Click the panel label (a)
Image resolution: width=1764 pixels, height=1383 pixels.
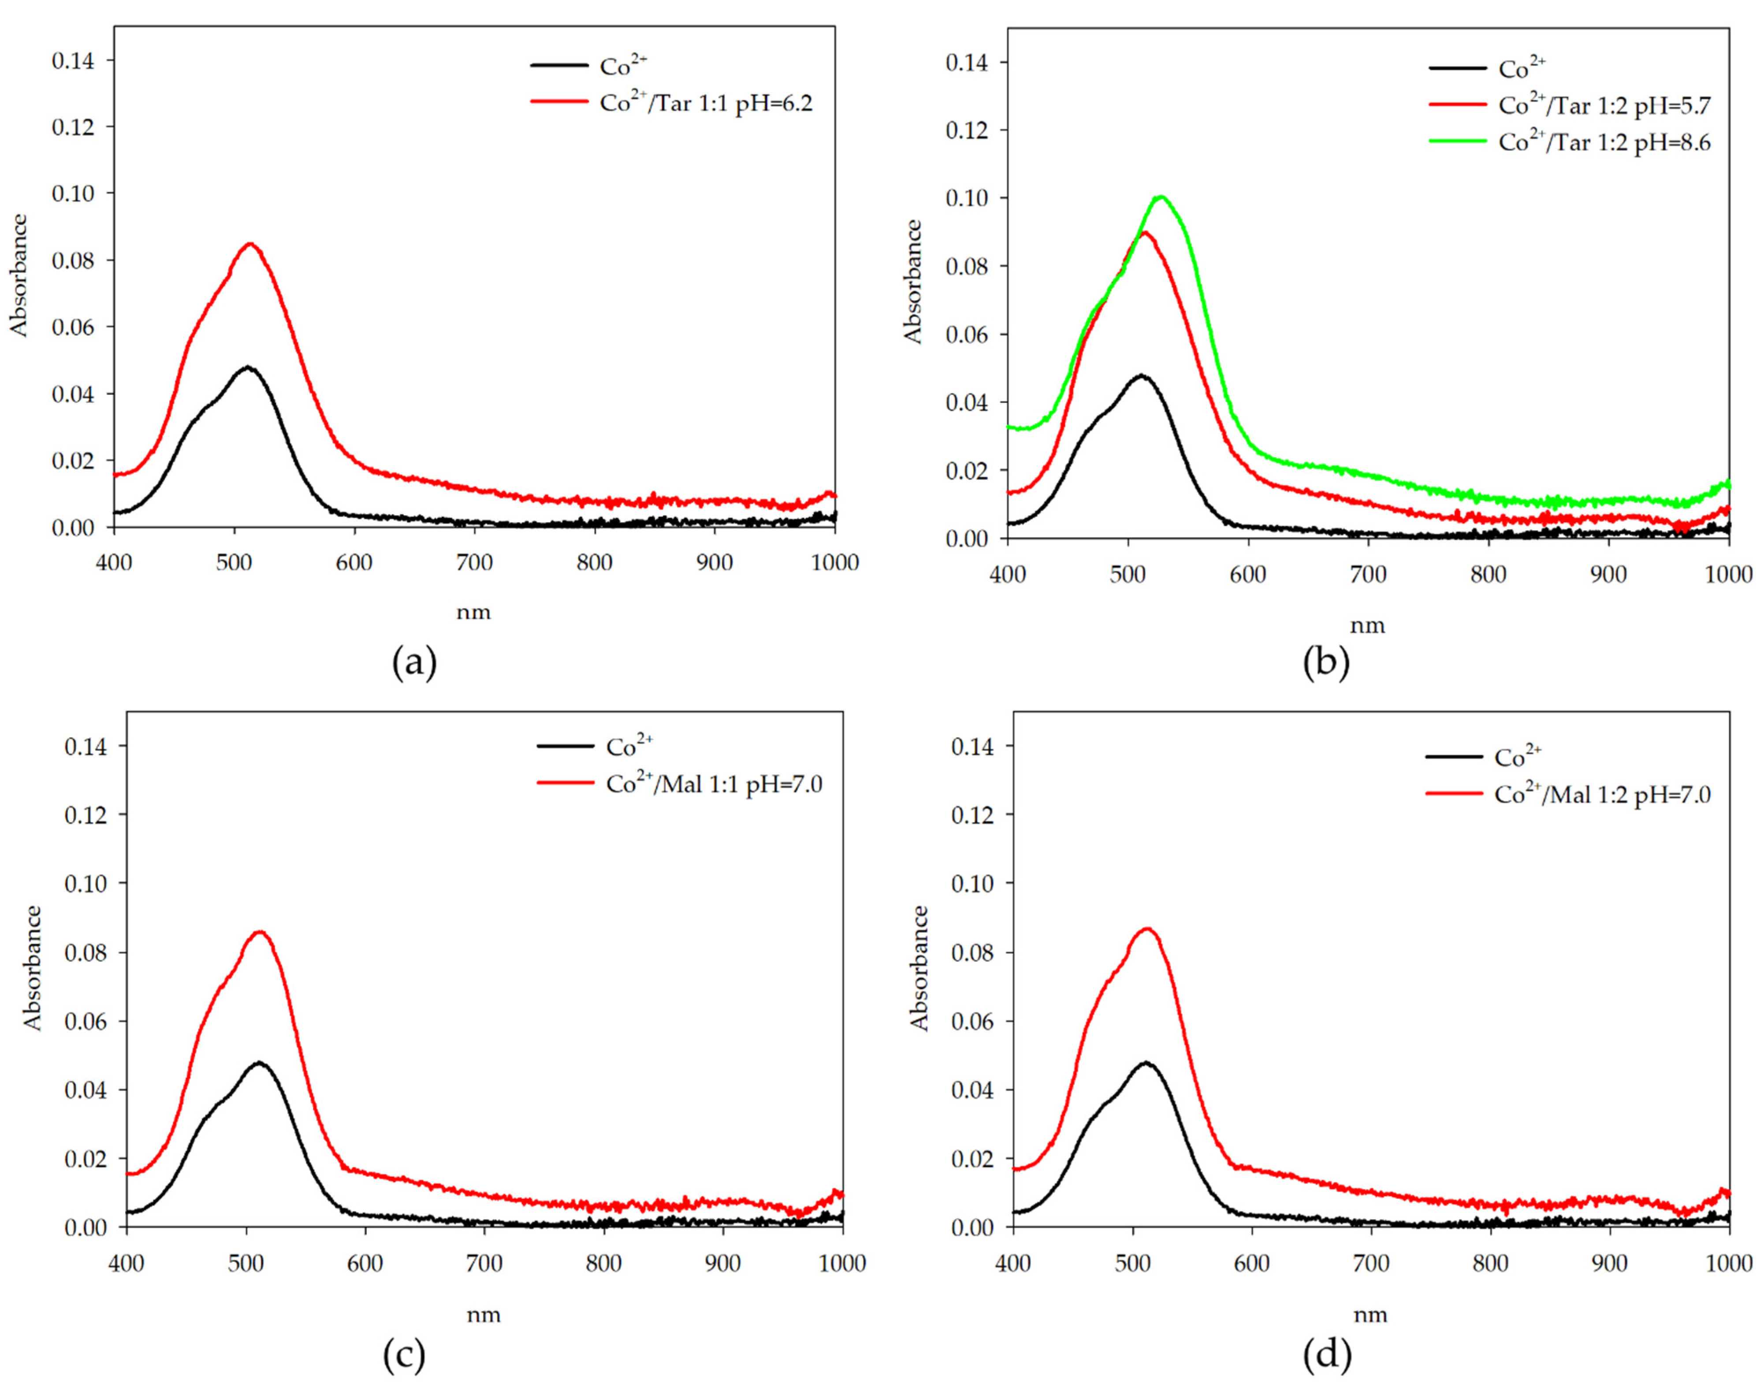414,662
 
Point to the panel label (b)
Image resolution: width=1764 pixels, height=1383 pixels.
1326,662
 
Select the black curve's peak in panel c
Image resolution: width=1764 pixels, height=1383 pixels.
259,1062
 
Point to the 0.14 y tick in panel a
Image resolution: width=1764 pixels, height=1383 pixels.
72,61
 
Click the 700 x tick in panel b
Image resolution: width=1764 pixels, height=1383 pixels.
1368,574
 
